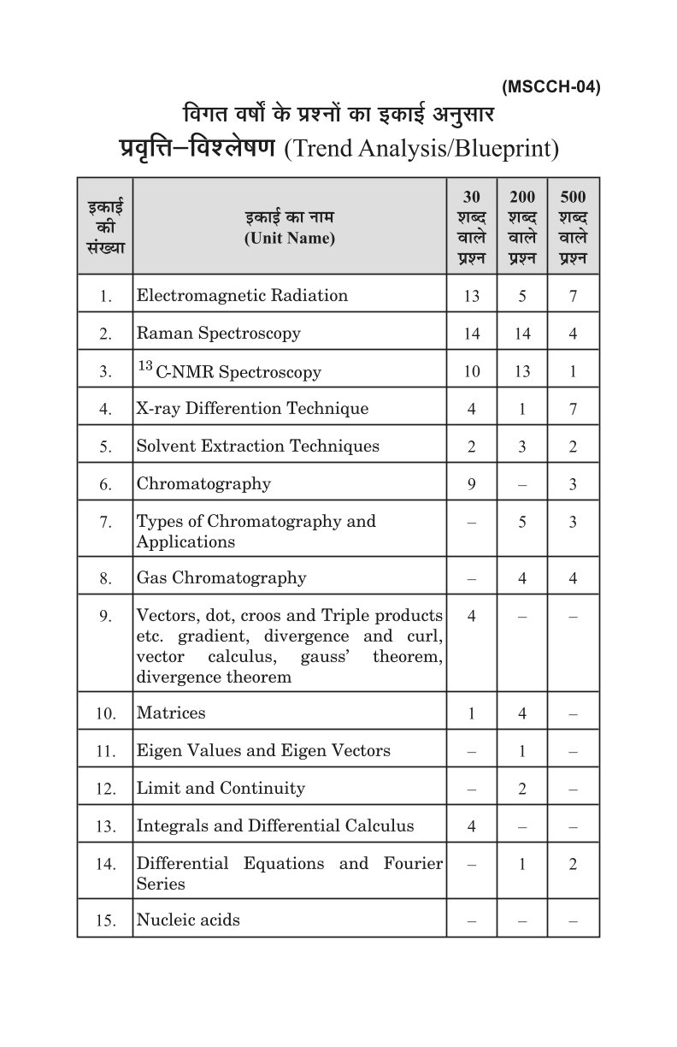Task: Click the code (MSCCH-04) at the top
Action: click(x=551, y=86)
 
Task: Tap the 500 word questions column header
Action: click(x=573, y=227)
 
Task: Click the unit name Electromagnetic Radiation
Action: click(x=242, y=296)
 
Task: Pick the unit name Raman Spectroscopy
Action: click(x=219, y=333)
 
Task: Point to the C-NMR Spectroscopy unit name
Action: click(x=229, y=371)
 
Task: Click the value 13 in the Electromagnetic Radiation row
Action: click(x=472, y=297)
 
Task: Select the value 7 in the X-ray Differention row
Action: click(x=573, y=409)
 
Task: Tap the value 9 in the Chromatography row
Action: click(x=472, y=484)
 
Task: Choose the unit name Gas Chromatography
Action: click(x=221, y=578)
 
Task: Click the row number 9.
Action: click(x=105, y=616)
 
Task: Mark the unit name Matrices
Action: click(x=171, y=713)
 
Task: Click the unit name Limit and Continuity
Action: click(x=221, y=788)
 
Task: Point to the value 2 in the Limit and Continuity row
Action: click(x=522, y=789)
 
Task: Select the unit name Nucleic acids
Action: click(x=188, y=920)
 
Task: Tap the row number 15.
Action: click(x=105, y=921)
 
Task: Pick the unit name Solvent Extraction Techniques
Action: click(x=258, y=446)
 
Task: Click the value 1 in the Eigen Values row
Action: click(x=522, y=751)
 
